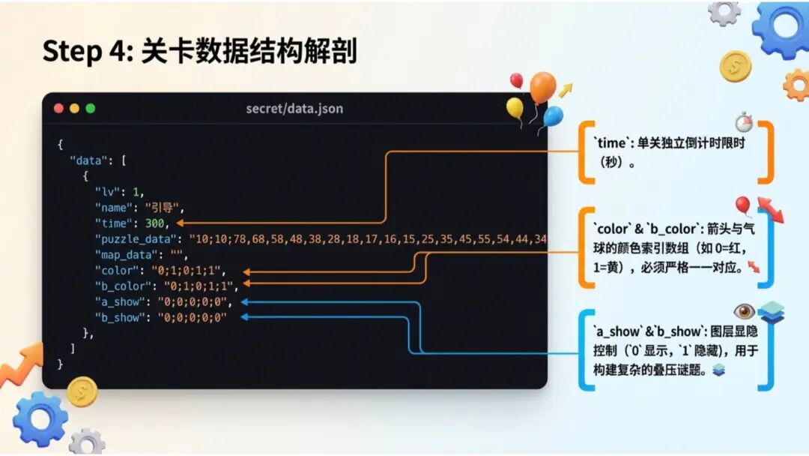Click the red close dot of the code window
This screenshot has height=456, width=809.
coord(58,109)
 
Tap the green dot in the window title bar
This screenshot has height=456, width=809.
coord(91,109)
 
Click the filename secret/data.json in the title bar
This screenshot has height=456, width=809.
coord(294,109)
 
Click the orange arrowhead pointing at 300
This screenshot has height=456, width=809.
coord(181,223)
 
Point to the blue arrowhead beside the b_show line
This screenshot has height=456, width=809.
coord(244,317)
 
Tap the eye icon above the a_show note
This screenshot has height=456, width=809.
coord(744,311)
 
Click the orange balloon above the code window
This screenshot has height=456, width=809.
coord(542,87)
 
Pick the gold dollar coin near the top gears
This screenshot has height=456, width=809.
coord(735,67)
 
